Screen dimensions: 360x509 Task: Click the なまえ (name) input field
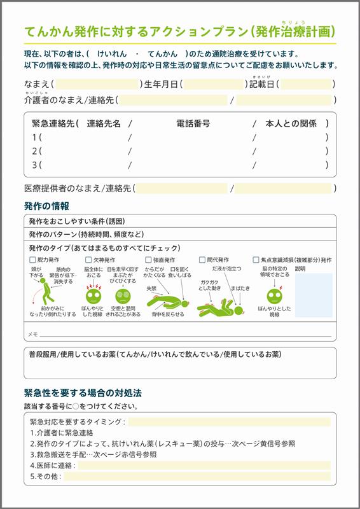point(97,84)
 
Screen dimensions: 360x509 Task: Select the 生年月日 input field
point(213,84)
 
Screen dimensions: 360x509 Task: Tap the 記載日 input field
point(306,84)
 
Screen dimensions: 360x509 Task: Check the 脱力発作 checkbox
point(33,260)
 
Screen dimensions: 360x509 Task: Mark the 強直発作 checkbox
point(148,260)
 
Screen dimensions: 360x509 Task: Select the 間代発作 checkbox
point(202,260)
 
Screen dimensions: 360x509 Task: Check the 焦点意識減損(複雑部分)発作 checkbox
point(256,260)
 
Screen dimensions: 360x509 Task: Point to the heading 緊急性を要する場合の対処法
point(83,393)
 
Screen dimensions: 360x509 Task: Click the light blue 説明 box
point(313,295)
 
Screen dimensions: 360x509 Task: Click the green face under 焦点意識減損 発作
point(274,295)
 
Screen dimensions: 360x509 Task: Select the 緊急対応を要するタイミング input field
point(229,422)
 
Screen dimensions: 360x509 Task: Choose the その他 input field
point(197,476)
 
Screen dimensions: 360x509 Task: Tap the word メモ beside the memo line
point(32,334)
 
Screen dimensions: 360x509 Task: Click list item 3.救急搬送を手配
point(92,454)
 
